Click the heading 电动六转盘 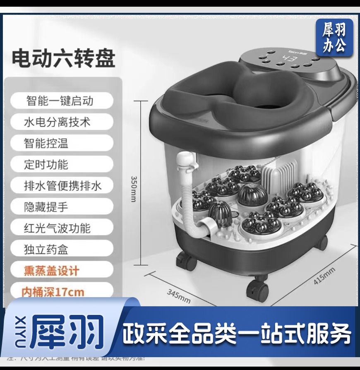tap(63, 58)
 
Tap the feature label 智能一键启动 tap(60, 101)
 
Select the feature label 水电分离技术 tap(57, 122)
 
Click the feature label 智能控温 tap(46, 143)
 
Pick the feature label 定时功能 tap(46, 164)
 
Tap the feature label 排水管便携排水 tap(62, 186)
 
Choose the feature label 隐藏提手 tap(46, 207)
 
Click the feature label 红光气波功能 tap(57, 228)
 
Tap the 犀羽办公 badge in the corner tap(334, 38)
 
